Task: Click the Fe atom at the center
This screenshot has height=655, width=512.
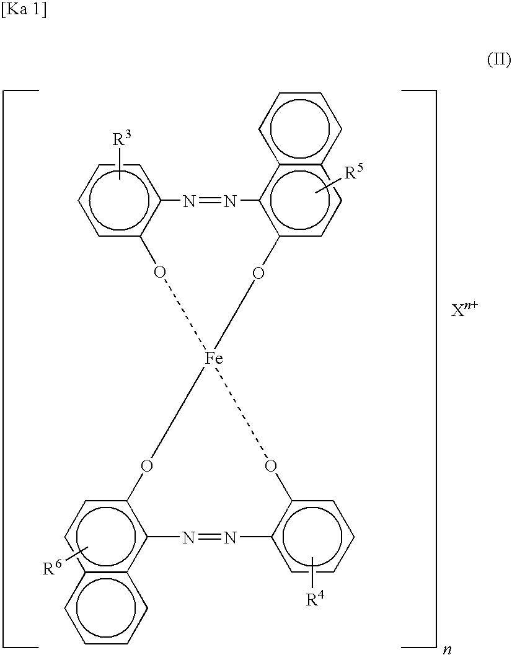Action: (x=214, y=359)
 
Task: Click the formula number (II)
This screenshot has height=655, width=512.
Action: (x=498, y=60)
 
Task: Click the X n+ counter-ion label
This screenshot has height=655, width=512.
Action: (x=464, y=310)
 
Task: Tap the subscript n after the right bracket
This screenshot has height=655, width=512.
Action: (x=446, y=649)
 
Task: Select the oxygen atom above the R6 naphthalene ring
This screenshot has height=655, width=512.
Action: (x=146, y=465)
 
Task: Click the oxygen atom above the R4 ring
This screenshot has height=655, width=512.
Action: (x=269, y=465)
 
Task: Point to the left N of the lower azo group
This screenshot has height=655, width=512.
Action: (x=188, y=537)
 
